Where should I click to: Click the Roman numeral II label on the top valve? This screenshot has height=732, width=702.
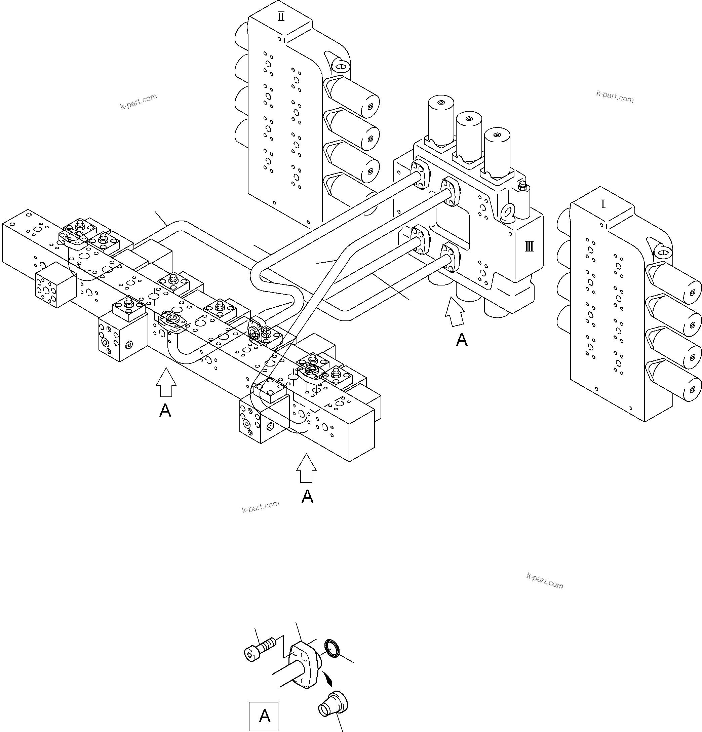point(281,17)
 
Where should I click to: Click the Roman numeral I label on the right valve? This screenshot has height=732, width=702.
point(603,204)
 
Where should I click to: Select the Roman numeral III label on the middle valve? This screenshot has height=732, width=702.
point(529,246)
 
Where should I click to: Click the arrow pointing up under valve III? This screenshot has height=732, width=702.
point(455,311)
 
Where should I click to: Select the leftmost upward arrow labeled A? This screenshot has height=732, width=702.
point(166,382)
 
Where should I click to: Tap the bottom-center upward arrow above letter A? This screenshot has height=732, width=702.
point(306,468)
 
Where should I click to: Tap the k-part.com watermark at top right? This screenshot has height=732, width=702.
point(615,97)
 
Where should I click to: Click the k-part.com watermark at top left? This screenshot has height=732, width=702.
point(139,102)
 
